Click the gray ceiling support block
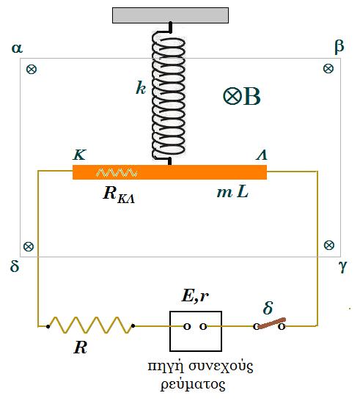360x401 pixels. (x=170, y=15)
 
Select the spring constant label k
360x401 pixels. (x=141, y=88)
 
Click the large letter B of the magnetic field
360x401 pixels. (x=251, y=97)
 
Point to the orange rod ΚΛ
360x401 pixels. (x=169, y=172)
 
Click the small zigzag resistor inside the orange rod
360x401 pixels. (x=117, y=173)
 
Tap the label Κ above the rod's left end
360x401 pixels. (x=80, y=155)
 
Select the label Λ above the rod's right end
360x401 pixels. (x=262, y=155)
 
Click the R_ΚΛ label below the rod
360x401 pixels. (x=119, y=194)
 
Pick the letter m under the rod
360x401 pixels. (x=224, y=193)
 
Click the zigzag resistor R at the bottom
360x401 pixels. (x=90, y=325)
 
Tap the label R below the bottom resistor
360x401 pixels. (x=80, y=347)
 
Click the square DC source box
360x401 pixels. (x=196, y=331)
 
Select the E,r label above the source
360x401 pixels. (x=195, y=297)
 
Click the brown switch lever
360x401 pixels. (x=272, y=323)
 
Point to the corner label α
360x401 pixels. (x=17, y=48)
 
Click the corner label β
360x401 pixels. (x=339, y=47)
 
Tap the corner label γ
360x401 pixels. (x=343, y=267)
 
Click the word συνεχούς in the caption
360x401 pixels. (x=221, y=367)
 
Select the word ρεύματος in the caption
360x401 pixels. (x=193, y=384)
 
